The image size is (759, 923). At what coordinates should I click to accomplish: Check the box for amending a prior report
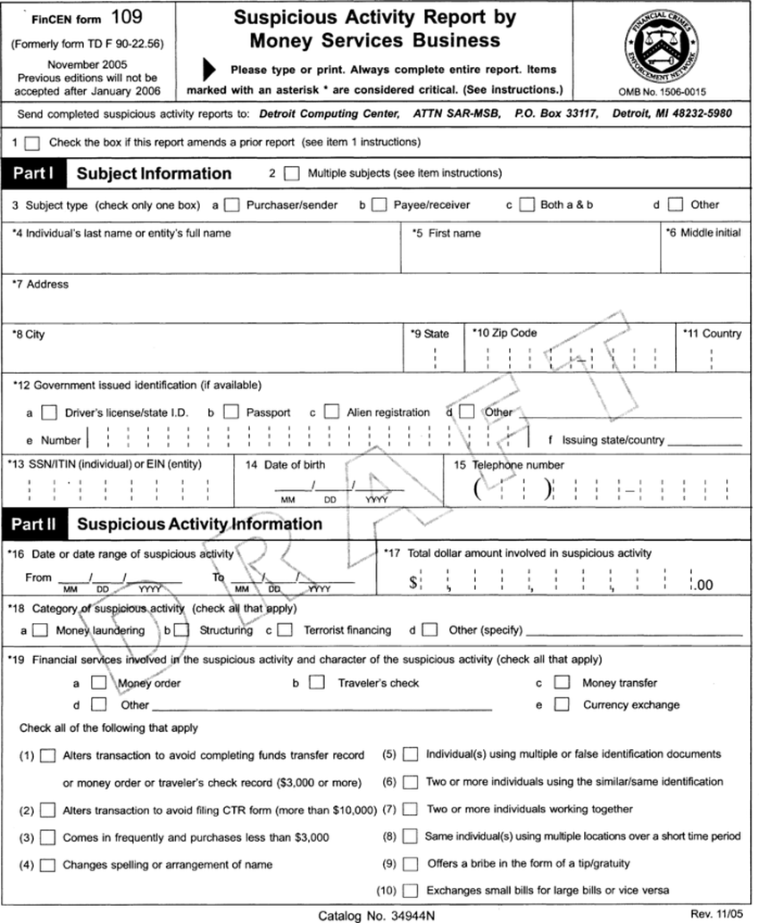point(33,142)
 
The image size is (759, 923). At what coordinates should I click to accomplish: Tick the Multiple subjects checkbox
point(291,173)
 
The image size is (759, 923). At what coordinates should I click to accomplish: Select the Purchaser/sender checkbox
point(232,204)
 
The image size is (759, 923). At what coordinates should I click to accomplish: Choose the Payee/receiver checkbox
point(379,204)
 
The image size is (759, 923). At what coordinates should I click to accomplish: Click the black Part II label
point(34,524)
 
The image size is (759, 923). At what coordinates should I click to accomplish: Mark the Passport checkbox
point(231,412)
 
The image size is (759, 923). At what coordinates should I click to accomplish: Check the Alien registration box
point(331,412)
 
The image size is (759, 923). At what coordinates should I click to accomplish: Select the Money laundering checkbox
point(40,630)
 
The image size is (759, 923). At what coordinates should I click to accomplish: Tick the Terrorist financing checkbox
point(284,630)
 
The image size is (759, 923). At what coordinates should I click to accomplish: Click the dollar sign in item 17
point(413,584)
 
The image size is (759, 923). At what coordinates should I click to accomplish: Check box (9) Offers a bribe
point(410,864)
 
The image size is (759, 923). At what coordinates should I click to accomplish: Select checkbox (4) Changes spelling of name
point(47,864)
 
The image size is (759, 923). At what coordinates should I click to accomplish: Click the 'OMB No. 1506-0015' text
point(662,91)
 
